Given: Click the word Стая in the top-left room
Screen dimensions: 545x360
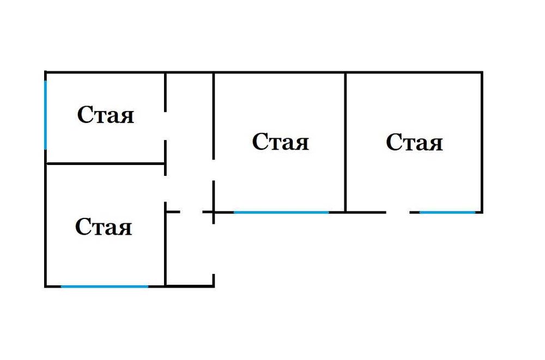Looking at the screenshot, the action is [x=105, y=115].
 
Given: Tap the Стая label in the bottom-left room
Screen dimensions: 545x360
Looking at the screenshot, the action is [x=104, y=227].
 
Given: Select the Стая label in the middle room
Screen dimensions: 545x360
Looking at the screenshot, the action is [x=281, y=142].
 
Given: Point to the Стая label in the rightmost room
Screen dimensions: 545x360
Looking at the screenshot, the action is [x=414, y=142].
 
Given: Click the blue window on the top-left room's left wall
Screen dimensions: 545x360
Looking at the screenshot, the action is [x=46, y=115].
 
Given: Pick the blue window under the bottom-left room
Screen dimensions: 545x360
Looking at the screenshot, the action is [x=105, y=286].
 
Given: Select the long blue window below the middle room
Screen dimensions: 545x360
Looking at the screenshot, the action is [x=281, y=212].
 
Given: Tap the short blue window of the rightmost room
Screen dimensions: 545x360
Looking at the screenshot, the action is [x=447, y=212].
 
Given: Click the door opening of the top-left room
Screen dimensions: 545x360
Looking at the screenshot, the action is [x=165, y=126].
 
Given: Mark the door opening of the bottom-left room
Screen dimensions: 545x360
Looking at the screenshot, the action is [x=165, y=188].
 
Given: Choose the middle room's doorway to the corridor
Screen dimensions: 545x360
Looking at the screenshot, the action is [x=214, y=170].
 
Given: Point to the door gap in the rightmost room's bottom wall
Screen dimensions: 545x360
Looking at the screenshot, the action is [x=398, y=212].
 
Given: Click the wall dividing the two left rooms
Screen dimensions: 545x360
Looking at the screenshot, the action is [x=105, y=163].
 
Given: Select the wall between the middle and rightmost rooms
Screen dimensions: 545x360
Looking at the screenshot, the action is [x=346, y=142].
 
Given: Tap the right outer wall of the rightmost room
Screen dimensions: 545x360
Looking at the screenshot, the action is [x=481, y=142].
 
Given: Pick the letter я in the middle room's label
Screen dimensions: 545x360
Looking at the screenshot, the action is [x=301, y=144].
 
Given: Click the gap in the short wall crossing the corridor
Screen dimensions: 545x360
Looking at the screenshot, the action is [x=191, y=212].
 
